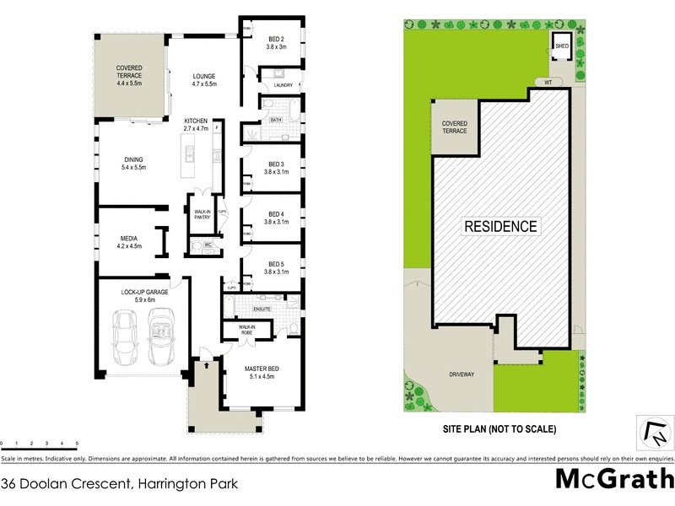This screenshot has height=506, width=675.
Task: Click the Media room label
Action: [x=129, y=242]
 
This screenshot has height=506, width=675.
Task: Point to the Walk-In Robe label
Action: [x=247, y=330]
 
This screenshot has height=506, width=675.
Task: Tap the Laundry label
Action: [x=283, y=85]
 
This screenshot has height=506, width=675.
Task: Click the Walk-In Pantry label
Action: [x=202, y=215]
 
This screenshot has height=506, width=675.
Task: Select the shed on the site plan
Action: [x=561, y=46]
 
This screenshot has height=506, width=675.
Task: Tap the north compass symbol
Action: [x=655, y=433]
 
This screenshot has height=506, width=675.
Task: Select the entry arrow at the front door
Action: [x=205, y=365]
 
